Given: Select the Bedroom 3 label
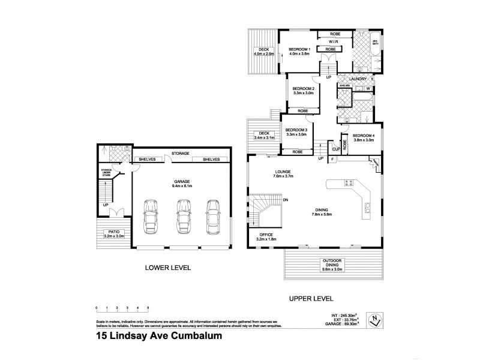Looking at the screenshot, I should pos(296,131).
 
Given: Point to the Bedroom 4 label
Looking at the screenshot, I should pos(364,136).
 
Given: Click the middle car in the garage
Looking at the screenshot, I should pos(183,218).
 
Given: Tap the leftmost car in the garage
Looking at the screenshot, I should pos(149,218).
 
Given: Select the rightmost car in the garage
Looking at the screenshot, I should pos(212,218).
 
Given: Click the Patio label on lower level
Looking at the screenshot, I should pos(112,232).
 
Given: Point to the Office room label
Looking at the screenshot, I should pos(267,235).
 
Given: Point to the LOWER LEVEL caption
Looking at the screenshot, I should pos(168,269).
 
